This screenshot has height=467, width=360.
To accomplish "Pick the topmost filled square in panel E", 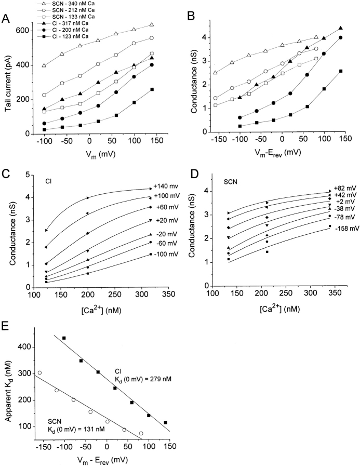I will (64, 338).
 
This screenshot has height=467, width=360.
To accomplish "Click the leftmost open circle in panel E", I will (39, 372).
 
